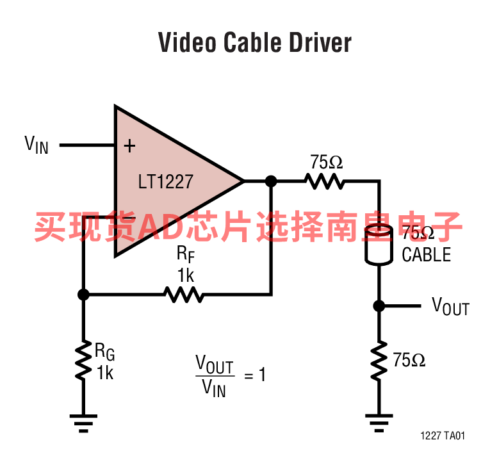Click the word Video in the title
tap(187, 42)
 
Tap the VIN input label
tap(37, 145)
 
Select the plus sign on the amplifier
tap(129, 146)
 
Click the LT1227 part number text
tap(166, 182)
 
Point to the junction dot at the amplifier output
tap(271, 181)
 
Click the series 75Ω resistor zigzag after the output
tap(325, 181)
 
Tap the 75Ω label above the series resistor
tap(326, 162)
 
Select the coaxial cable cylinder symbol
tap(379, 245)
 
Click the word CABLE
tap(426, 254)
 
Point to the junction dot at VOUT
tap(379, 306)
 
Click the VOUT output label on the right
tap(451, 306)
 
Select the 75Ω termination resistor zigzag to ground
tap(379, 361)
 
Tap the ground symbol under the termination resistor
tap(379, 423)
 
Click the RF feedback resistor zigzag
tap(184, 295)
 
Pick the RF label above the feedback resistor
tap(186, 254)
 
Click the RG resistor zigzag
tap(83, 361)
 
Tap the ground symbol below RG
tap(83, 423)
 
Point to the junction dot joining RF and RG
tap(83, 295)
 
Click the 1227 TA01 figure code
tap(443, 436)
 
